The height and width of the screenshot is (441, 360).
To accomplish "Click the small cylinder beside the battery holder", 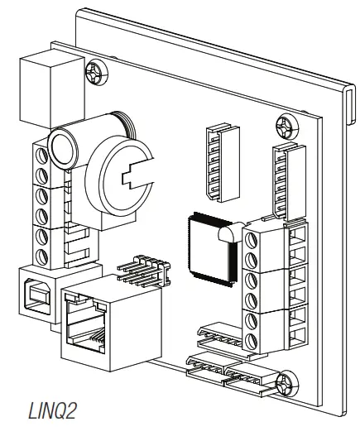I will point(65,149).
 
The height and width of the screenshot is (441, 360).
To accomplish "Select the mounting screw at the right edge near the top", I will point(286,127).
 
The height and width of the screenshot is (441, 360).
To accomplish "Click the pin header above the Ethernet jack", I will point(141,271).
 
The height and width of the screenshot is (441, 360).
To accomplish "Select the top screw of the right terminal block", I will point(253,241).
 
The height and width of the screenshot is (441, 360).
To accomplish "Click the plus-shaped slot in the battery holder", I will point(132,177).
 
